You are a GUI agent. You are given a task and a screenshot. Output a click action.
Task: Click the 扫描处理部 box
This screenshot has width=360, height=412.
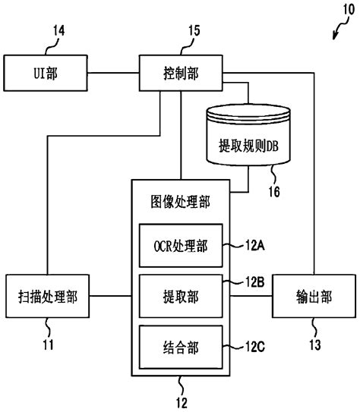46,295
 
